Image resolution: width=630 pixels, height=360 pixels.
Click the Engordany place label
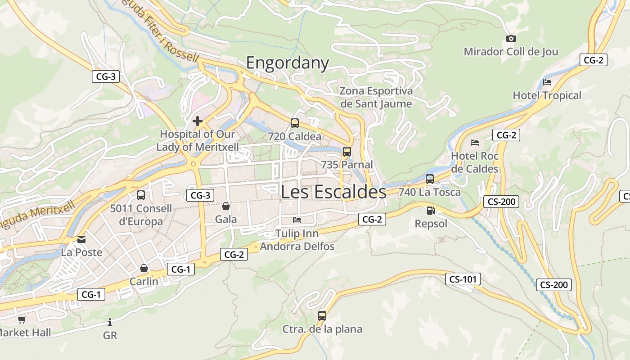pos(288,63)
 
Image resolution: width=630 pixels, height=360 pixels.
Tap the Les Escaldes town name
pos(333,192)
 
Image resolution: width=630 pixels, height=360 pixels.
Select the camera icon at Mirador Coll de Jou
pos(511,39)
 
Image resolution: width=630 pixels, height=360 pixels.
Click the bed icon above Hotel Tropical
pos(547,82)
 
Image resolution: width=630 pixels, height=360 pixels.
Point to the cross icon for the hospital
pos(197,121)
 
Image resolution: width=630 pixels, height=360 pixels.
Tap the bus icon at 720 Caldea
pos(295,123)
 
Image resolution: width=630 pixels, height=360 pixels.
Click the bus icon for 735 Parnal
pos(346,152)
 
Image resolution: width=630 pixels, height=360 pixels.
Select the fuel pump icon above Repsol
pos(431,210)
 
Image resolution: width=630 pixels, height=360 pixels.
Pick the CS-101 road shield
pos(463,279)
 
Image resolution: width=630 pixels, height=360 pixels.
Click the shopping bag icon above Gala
pos(226,206)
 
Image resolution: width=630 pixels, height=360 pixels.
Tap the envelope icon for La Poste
pos(81,239)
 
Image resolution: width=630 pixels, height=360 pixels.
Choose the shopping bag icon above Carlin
pos(144,268)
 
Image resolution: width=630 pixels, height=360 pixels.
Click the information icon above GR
pos(110,322)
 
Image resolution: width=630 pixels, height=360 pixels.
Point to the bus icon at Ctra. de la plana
pos(322,315)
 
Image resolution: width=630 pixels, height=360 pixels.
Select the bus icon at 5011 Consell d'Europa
pos(141,195)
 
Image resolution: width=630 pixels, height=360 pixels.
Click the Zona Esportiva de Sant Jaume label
pos(376,97)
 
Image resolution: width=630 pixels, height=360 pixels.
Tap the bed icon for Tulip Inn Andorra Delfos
pos(297,220)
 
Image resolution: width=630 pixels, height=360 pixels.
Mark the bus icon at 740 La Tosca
pos(429,179)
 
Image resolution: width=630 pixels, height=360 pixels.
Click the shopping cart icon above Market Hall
pos(22,319)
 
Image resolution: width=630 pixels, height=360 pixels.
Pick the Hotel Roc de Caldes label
pos(475,162)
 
